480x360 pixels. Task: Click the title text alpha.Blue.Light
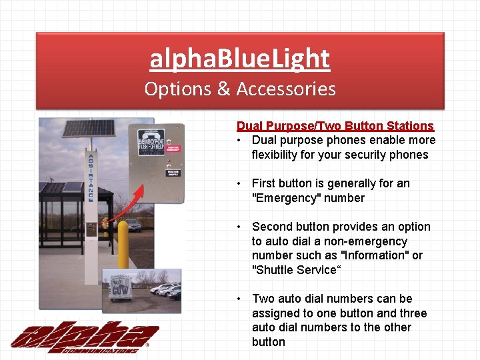(x=239, y=59)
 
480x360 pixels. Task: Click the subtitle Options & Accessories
(x=239, y=89)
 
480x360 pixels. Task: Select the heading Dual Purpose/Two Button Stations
(x=335, y=125)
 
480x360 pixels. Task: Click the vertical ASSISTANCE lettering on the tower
(x=91, y=177)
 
